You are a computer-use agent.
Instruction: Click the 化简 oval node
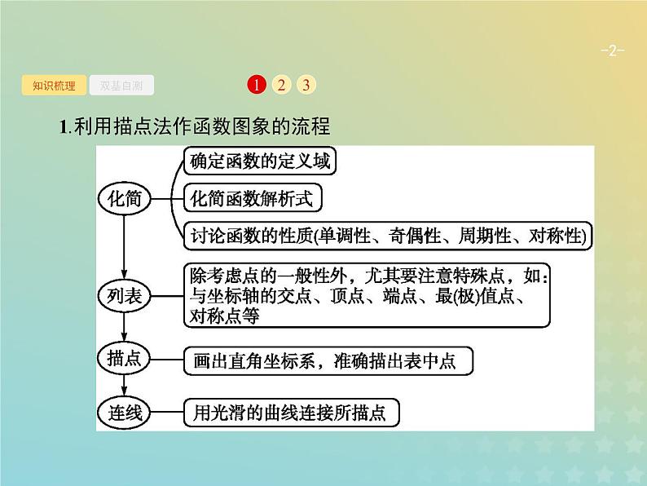click(x=124, y=197)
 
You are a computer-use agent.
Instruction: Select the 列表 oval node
click(x=125, y=295)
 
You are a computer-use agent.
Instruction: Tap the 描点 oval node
click(x=125, y=358)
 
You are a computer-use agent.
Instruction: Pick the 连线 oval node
click(x=125, y=413)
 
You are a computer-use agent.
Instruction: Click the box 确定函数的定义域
click(x=259, y=161)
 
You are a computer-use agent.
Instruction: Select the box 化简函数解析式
click(x=252, y=198)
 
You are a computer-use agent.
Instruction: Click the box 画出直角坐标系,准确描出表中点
click(x=328, y=359)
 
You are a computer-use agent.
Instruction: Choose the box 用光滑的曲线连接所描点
click(x=292, y=413)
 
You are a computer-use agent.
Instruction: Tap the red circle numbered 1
click(x=255, y=85)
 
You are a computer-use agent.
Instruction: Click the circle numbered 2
click(x=280, y=85)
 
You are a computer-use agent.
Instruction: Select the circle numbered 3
click(x=306, y=85)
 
